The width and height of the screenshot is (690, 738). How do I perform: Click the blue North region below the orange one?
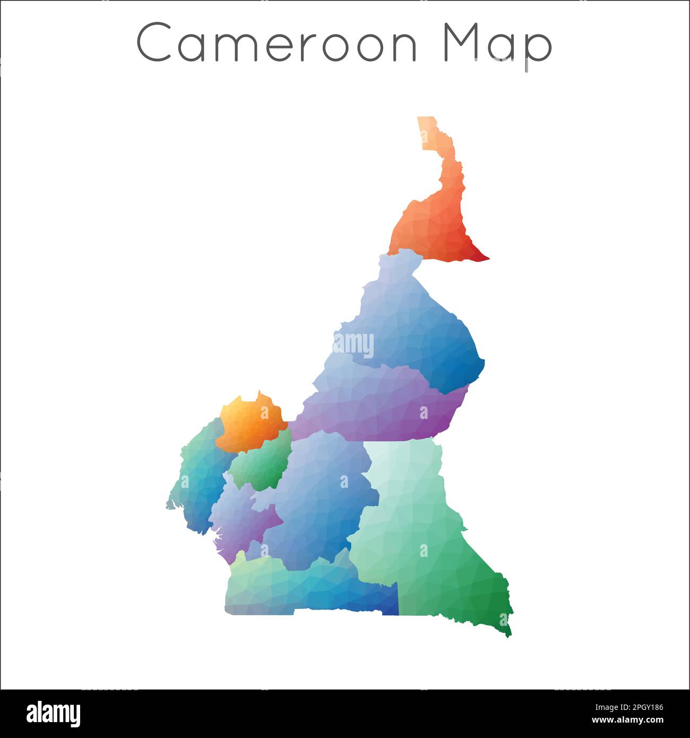click(419, 324)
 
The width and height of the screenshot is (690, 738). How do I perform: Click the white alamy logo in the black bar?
click(54, 713)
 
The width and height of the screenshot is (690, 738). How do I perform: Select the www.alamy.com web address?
click(628, 720)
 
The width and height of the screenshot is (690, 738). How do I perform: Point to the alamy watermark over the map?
click(353, 345)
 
